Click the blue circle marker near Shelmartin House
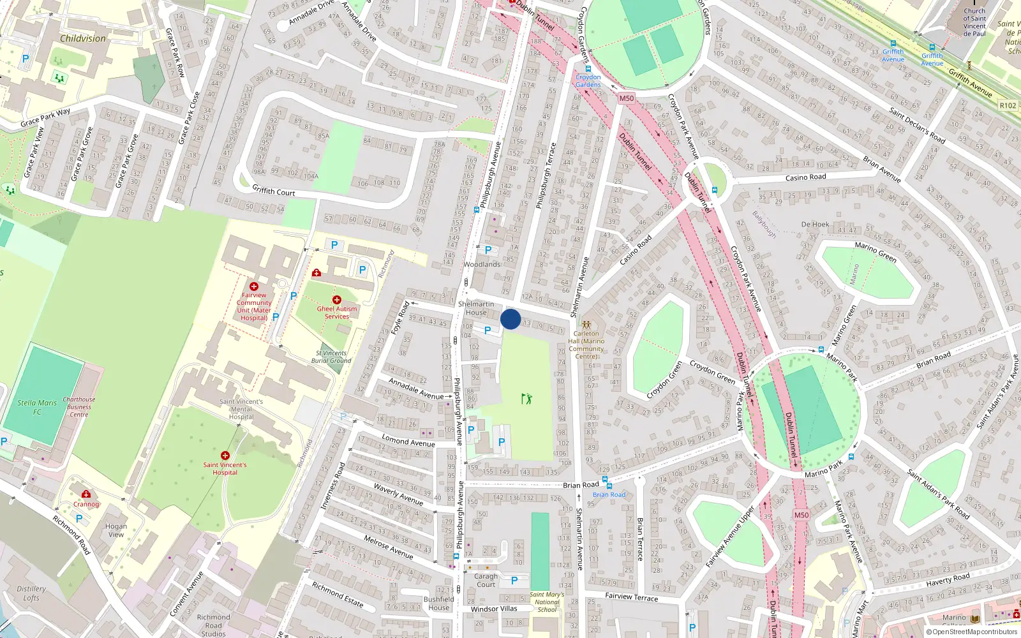click(511, 319)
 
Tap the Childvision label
click(83, 38)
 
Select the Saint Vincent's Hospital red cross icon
click(225, 456)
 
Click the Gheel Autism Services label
click(337, 313)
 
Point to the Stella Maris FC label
click(37, 407)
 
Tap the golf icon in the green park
click(526, 399)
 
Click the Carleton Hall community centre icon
click(586, 325)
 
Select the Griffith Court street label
click(274, 191)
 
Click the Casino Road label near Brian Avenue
click(805, 178)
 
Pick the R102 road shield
click(1008, 105)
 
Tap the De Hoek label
click(815, 225)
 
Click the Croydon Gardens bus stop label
click(588, 81)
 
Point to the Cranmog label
click(86, 504)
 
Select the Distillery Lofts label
click(31, 593)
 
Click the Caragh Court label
click(486, 580)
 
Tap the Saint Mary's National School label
click(547, 602)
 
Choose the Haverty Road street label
click(948, 579)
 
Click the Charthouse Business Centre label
click(79, 407)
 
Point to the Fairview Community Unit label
click(254, 306)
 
